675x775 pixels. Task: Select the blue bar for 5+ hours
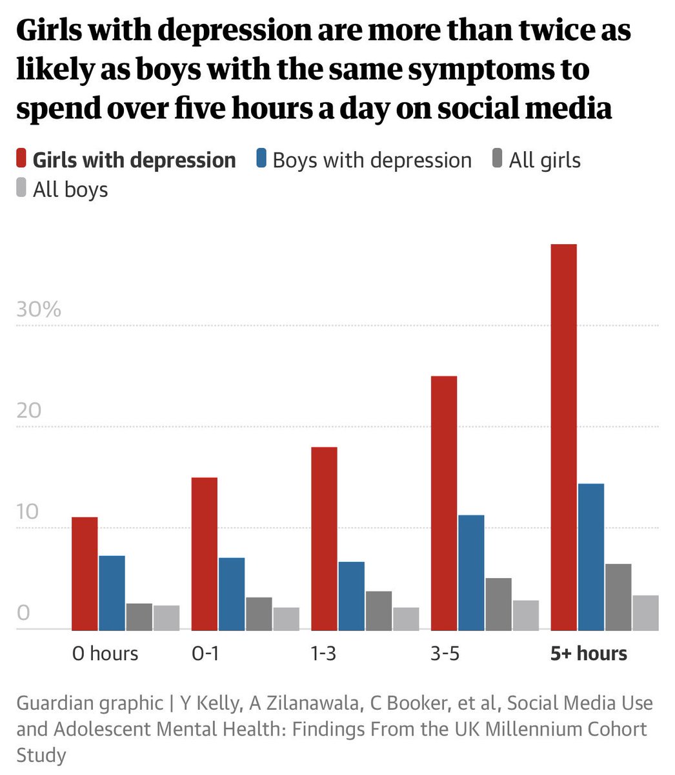click(591, 556)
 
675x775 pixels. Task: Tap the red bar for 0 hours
click(85, 573)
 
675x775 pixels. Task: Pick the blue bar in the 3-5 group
click(471, 572)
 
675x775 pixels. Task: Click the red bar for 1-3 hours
click(324, 538)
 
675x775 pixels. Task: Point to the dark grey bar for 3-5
click(498, 603)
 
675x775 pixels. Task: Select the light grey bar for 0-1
click(286, 618)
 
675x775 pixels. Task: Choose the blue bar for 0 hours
click(112, 592)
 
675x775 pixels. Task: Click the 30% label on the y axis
click(39, 309)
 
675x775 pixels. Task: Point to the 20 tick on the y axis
click(28, 410)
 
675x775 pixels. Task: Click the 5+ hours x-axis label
click(589, 654)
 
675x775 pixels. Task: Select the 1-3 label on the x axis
click(323, 654)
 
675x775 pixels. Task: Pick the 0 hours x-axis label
click(105, 654)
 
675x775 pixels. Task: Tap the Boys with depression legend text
click(372, 160)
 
